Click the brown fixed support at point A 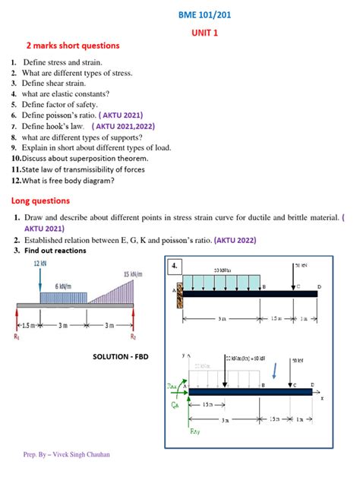181,295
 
